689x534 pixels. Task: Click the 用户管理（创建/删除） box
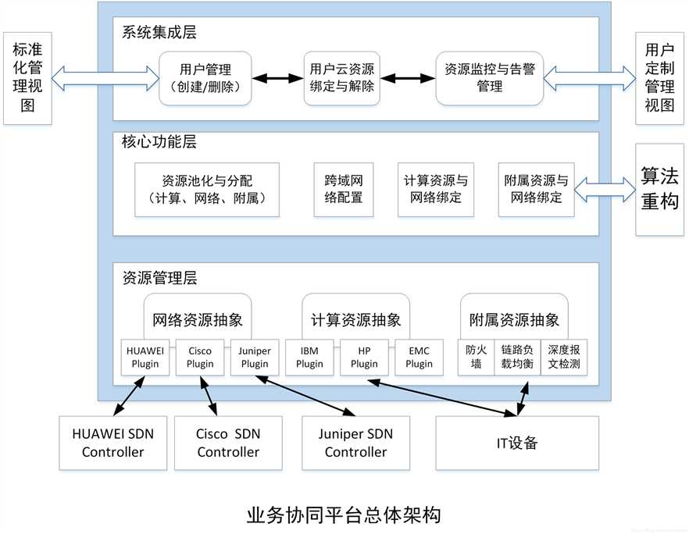[206, 78]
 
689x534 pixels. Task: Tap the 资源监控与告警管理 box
[489, 78]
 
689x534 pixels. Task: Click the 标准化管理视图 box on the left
[27, 78]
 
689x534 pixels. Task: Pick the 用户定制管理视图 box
[660, 78]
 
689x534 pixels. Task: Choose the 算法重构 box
[660, 189]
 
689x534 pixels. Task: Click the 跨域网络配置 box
[343, 189]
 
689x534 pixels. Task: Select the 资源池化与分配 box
[206, 189]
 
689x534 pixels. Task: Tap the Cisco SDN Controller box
[228, 443]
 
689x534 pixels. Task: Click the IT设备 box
[516, 443]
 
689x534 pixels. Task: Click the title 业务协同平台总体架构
[344, 515]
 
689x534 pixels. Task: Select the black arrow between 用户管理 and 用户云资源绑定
[279, 79]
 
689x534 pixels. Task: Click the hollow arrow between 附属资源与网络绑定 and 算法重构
[605, 189]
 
